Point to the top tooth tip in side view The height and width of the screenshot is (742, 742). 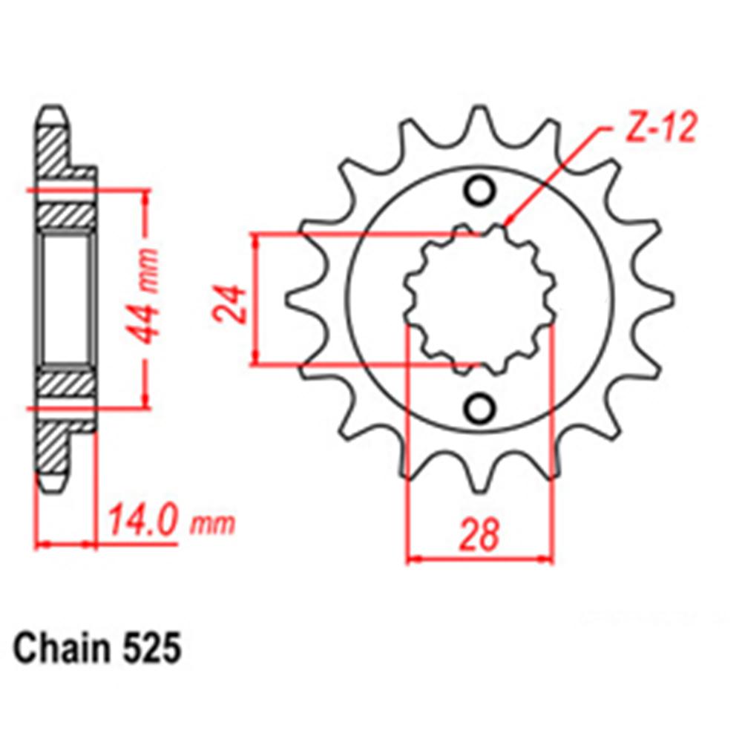coord(53,116)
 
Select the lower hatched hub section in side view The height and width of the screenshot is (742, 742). coord(66,384)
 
